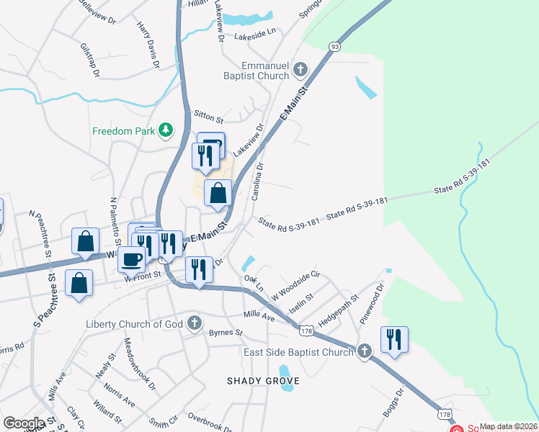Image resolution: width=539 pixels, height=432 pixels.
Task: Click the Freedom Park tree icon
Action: [166, 130]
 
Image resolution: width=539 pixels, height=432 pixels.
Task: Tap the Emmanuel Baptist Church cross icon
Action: [300, 70]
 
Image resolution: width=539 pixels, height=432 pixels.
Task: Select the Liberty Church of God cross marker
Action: [195, 324]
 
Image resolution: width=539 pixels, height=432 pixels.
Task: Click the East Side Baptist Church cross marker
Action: [365, 351]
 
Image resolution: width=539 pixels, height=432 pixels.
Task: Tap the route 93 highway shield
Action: [334, 46]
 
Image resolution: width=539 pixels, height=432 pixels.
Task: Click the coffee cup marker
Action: [131, 259]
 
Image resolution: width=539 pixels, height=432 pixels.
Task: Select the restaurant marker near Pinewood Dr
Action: [394, 338]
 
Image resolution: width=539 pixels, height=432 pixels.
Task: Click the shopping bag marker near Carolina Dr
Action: [218, 193]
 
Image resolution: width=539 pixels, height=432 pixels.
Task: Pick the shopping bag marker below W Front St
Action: [79, 282]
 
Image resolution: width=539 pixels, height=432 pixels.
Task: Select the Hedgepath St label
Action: [339, 309]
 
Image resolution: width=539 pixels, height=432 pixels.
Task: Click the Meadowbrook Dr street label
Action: [139, 364]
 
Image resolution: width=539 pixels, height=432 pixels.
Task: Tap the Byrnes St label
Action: [226, 333]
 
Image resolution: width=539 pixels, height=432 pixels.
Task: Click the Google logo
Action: [23, 423]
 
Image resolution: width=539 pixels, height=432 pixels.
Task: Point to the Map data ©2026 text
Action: [508, 426]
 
